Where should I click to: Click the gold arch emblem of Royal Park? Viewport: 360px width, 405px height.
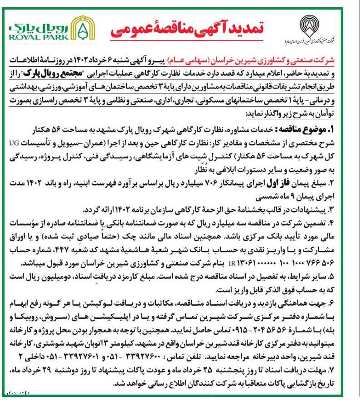point(82,29)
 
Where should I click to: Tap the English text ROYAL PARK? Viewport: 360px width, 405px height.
point(38,37)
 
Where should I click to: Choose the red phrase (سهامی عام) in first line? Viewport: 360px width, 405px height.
point(202,60)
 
